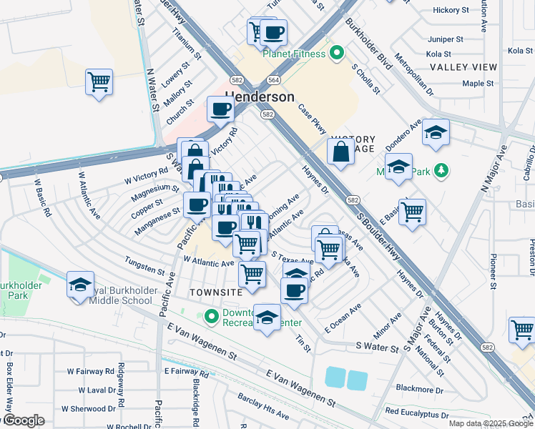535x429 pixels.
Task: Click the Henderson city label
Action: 260,97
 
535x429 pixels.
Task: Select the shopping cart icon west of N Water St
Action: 99,81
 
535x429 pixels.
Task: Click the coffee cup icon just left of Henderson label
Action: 220,109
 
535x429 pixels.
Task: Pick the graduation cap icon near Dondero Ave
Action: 435,132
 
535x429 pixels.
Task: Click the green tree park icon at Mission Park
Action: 441,170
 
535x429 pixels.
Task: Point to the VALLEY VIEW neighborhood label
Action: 463,67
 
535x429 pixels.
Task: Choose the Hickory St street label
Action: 451,10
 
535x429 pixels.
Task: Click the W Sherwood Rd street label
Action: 89,409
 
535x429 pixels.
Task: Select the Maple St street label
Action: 478,84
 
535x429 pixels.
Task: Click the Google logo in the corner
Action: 23,421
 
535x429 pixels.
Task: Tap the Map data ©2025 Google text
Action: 490,423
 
